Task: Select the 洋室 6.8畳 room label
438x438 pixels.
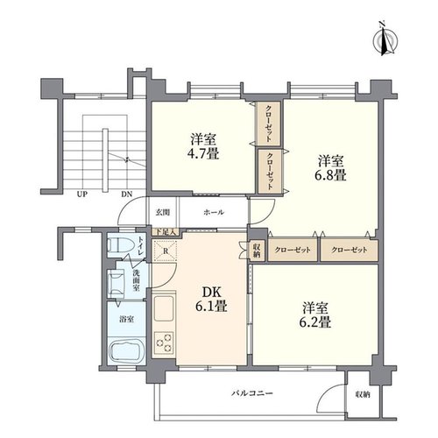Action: [331, 168]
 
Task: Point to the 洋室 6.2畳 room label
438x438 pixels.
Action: [316, 315]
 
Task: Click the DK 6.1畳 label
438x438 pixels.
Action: [212, 299]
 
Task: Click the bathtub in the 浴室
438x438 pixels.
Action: [126, 351]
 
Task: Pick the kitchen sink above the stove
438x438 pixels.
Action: [164, 308]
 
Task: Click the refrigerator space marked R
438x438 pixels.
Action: [166, 251]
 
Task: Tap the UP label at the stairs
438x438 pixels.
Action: [82, 194]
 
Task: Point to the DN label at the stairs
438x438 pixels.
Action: [127, 194]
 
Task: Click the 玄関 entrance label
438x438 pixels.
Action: [162, 212]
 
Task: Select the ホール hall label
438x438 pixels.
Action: [214, 212]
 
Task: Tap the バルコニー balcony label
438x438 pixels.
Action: [252, 393]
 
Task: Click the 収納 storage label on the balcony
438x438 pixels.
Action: [363, 395]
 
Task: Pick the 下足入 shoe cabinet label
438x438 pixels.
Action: [166, 232]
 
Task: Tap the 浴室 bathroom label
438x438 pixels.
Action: [126, 319]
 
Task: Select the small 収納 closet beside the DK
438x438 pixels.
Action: [258, 251]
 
